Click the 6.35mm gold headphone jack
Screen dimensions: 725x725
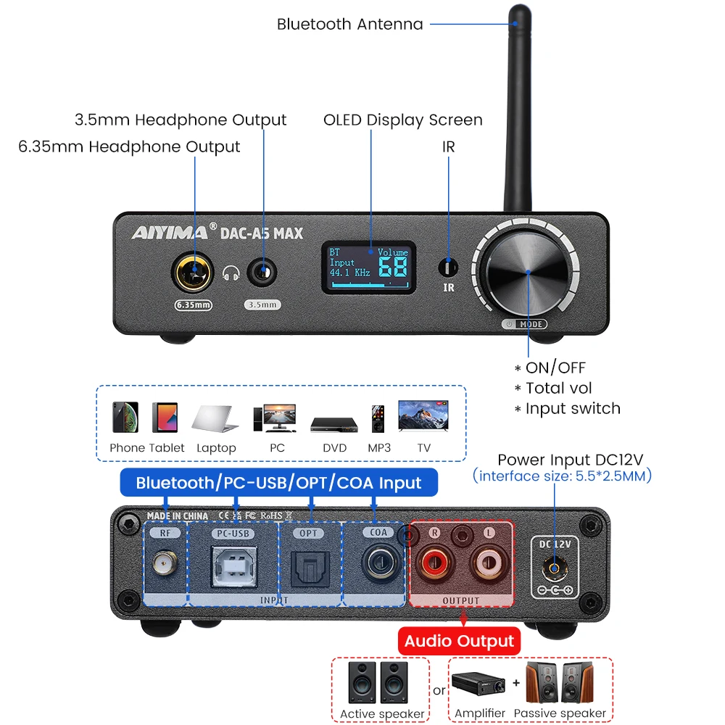click(x=192, y=274)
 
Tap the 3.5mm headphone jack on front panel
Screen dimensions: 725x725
click(x=262, y=274)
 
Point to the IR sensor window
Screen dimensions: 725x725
click(x=449, y=268)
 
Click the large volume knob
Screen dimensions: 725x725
click(x=527, y=272)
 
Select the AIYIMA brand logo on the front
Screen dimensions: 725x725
click(x=169, y=233)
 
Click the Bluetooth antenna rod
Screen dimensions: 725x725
click(x=518, y=109)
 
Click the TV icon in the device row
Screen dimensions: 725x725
click(x=423, y=416)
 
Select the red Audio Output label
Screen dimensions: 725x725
click(x=460, y=641)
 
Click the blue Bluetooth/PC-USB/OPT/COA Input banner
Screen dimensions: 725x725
click(x=278, y=483)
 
